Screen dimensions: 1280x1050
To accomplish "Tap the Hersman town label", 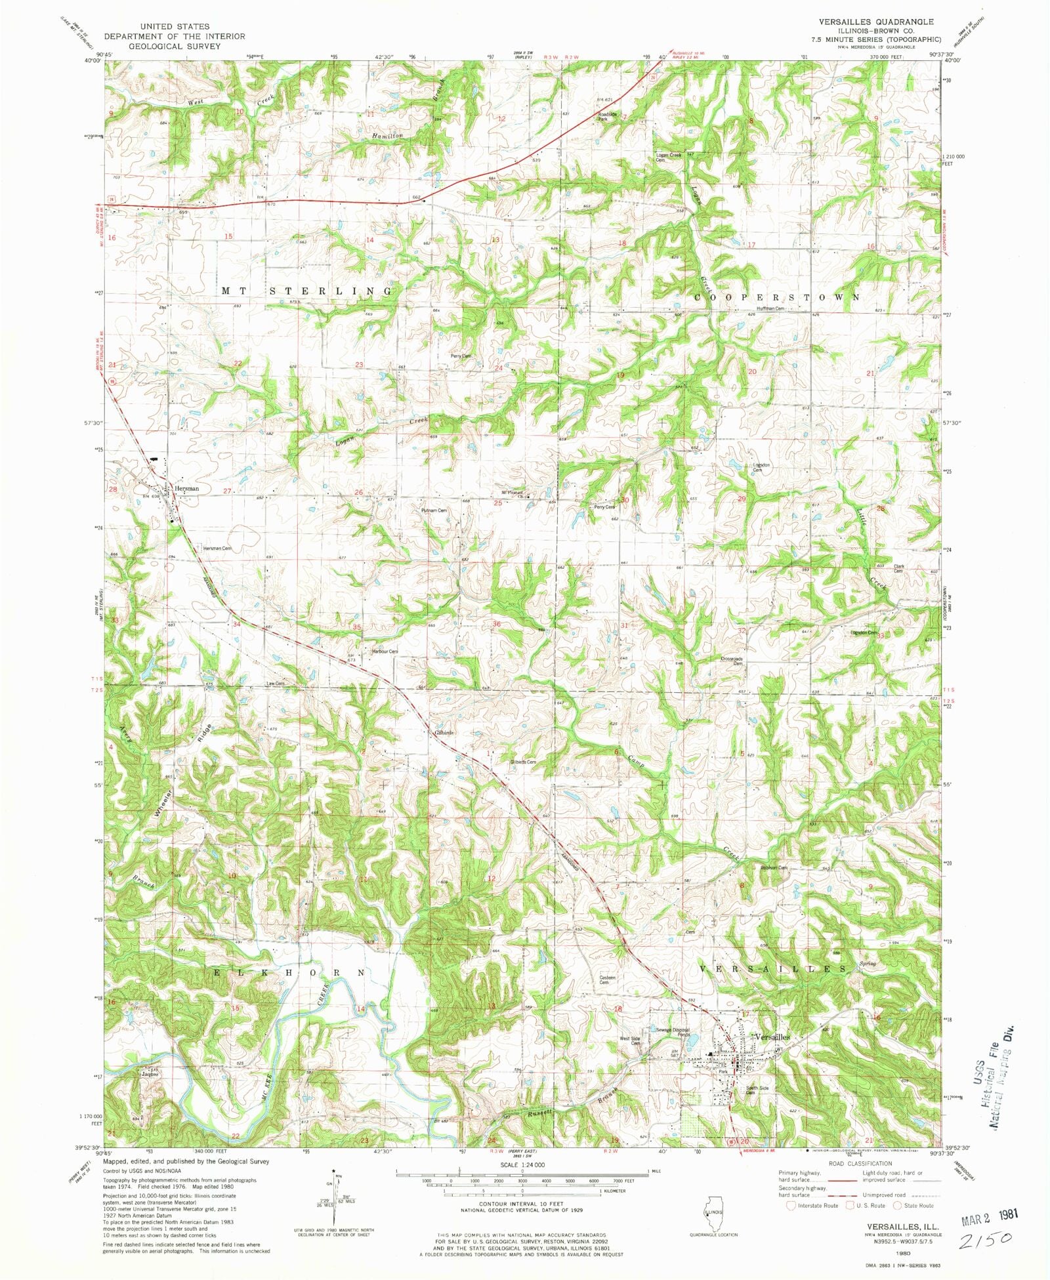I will [186, 489].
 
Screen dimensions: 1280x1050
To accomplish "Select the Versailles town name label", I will [773, 1037].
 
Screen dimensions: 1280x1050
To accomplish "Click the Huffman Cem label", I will [770, 308].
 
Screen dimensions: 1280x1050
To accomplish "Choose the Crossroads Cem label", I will [732, 661].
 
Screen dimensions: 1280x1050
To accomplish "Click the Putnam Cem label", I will [433, 510].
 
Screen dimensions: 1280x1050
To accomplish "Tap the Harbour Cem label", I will [385, 651].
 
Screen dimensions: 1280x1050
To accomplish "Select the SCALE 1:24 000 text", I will [521, 1165].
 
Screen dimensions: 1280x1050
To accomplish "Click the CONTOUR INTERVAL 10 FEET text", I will [521, 1204].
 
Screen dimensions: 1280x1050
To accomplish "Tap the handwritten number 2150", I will [986, 1241].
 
